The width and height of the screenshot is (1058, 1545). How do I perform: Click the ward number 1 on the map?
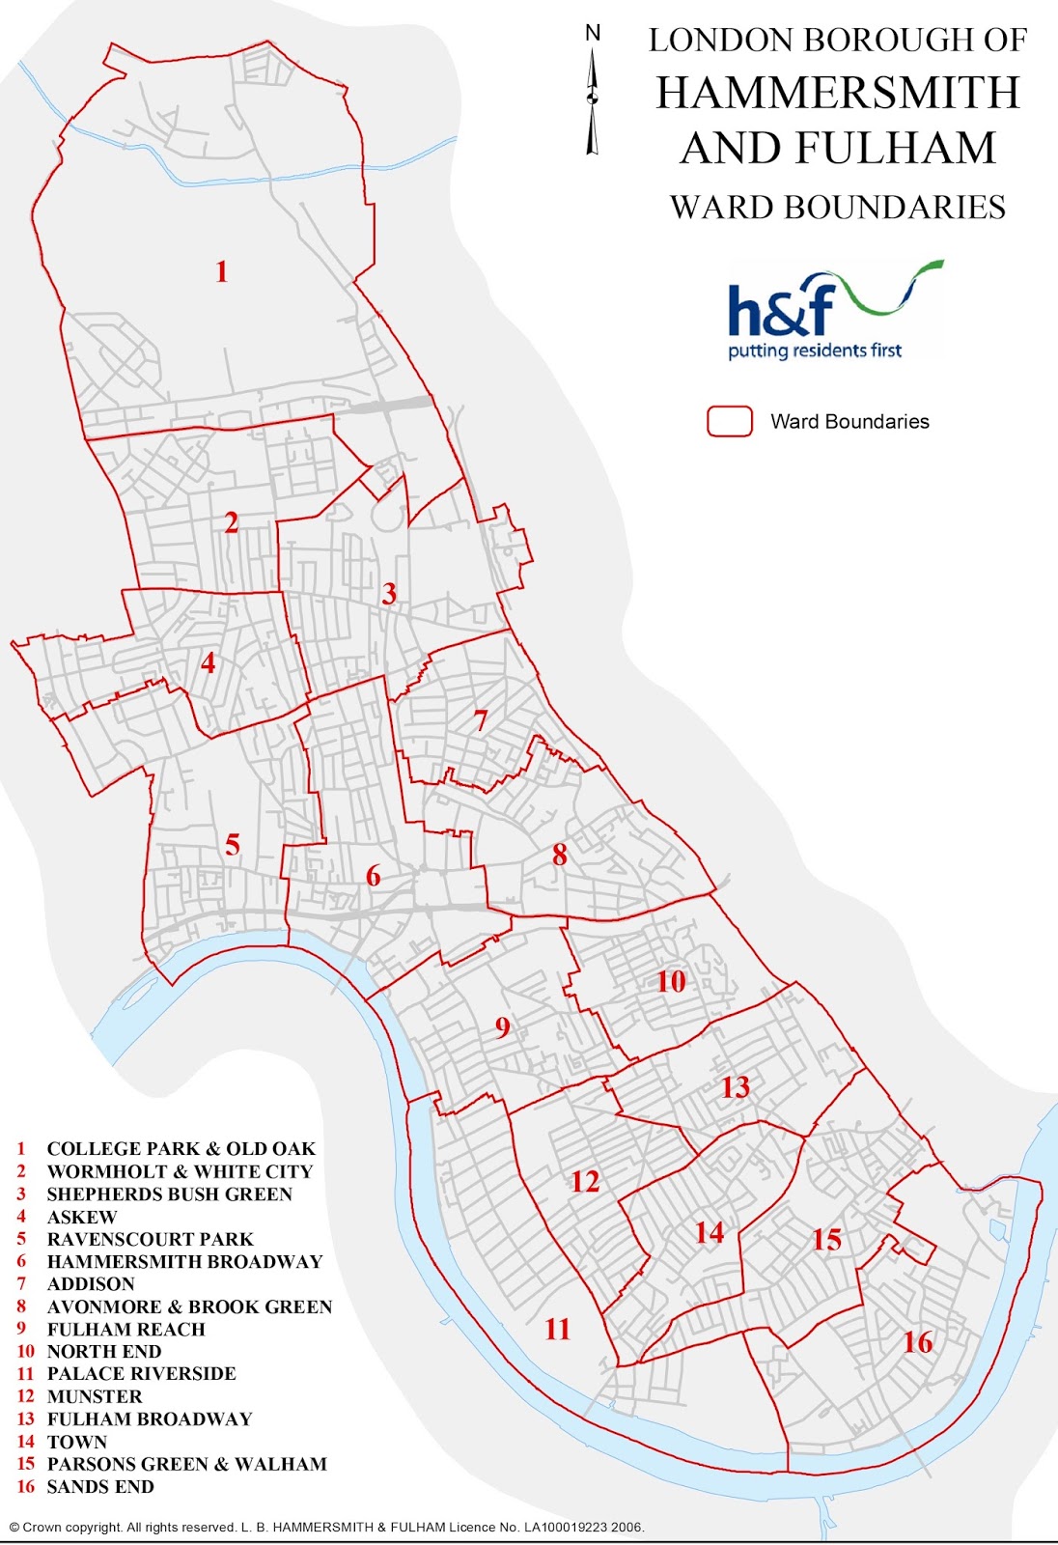tap(222, 271)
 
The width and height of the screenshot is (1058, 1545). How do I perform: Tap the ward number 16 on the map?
tap(918, 1341)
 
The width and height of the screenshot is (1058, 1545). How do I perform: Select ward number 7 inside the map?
tap(481, 719)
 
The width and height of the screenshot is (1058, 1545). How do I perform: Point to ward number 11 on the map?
tap(558, 1330)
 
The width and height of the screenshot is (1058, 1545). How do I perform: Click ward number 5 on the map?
tap(233, 845)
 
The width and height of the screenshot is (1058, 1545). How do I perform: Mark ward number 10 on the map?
tap(671, 982)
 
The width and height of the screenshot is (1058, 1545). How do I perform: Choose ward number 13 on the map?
tap(736, 1087)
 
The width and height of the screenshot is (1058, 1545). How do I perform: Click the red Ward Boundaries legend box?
tap(730, 421)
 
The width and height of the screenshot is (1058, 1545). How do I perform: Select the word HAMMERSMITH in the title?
tap(838, 94)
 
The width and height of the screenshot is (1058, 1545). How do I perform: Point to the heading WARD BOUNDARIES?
tap(838, 208)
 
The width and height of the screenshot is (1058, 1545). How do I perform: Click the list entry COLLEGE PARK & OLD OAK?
tap(181, 1149)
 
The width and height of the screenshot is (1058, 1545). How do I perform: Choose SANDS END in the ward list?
tap(100, 1487)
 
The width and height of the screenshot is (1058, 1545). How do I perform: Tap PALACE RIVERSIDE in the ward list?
tap(141, 1374)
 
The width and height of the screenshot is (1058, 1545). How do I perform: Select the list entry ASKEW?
tap(82, 1217)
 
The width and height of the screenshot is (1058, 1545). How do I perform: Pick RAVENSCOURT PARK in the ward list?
tap(150, 1239)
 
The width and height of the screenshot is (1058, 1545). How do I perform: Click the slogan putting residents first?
tap(815, 351)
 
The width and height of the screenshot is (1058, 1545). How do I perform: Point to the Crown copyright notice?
tap(326, 1527)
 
